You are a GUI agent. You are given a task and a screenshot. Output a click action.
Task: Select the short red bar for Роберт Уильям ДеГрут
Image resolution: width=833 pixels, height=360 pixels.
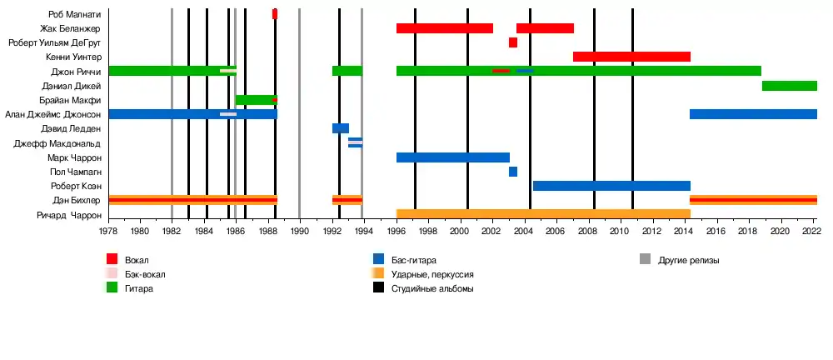tap(513, 42)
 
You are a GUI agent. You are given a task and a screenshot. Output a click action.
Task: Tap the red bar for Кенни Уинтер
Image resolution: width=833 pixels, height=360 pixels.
tap(631, 57)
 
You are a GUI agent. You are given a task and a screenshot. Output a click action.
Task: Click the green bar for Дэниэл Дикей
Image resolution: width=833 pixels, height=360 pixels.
tap(789, 86)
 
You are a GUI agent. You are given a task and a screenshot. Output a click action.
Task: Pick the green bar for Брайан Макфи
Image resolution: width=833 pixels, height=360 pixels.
tap(255, 100)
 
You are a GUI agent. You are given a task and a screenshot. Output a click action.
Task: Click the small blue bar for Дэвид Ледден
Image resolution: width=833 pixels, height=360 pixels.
tap(340, 128)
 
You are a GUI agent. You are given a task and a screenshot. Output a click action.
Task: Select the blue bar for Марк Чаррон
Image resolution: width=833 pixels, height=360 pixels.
tap(452, 157)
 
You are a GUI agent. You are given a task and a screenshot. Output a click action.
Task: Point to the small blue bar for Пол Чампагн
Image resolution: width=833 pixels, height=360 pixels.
tap(513, 172)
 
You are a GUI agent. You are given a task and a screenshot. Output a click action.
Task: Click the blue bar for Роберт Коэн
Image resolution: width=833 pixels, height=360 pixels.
tap(611, 186)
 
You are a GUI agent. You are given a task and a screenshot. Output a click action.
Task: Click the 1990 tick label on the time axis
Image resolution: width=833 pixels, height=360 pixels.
tap(300, 232)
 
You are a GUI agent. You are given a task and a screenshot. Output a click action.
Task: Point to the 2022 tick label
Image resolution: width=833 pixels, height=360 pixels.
tap(811, 232)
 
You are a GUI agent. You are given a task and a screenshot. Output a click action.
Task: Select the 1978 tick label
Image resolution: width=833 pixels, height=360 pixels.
tap(108, 232)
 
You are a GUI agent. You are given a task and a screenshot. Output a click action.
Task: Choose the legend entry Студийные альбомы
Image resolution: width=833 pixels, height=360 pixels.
tap(432, 288)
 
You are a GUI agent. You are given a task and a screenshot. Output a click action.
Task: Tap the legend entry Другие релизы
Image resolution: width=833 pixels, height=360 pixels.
tap(688, 260)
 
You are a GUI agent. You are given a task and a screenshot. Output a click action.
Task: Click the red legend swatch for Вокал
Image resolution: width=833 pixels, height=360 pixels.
tap(112, 260)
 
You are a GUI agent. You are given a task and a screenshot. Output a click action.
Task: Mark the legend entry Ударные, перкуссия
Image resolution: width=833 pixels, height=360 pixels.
tap(432, 274)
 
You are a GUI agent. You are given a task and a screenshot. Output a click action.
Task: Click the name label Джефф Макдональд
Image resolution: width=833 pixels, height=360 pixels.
tap(57, 143)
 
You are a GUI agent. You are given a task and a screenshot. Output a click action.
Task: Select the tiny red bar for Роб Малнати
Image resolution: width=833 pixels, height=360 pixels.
tap(275, 14)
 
